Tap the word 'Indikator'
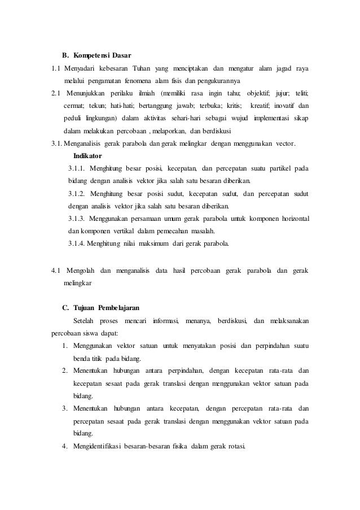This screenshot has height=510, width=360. click(x=88, y=155)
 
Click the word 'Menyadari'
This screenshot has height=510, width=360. click(x=81, y=69)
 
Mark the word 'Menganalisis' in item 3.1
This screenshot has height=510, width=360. click(x=83, y=143)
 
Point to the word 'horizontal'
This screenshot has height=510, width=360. click(x=291, y=219)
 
